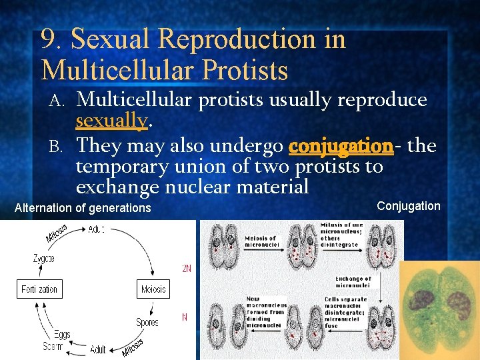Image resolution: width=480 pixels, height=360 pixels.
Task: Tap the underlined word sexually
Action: [111, 121]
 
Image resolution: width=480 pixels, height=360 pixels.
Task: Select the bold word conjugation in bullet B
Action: [341, 145]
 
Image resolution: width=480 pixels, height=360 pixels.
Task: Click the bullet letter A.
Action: [57, 100]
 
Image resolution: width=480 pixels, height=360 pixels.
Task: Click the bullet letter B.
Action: [57, 145]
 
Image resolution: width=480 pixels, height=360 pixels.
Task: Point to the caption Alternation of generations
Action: [83, 208]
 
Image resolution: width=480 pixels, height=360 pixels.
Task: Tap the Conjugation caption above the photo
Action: [408, 206]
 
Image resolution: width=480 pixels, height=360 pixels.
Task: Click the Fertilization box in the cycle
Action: [39, 289]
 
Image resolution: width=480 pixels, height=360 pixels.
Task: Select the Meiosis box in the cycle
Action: [153, 289]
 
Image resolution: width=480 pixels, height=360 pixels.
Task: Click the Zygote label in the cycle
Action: [44, 257]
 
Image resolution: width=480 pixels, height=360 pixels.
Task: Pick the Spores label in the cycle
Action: [147, 322]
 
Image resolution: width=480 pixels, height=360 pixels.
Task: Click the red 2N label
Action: [187, 269]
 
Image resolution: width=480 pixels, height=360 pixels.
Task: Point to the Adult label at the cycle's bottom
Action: [98, 349]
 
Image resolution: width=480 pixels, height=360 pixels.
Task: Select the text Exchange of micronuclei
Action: [353, 283]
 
